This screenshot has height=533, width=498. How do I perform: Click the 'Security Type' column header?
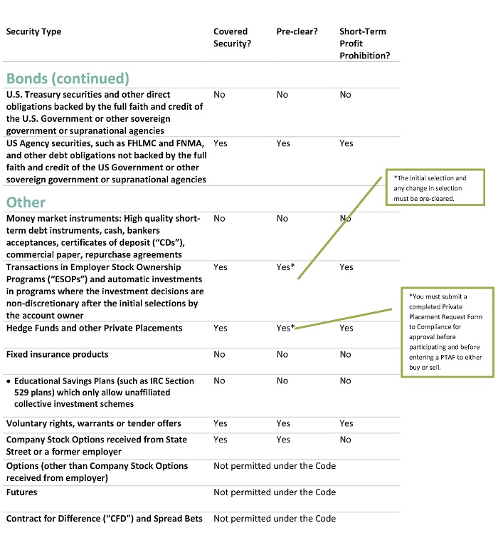pos(33,31)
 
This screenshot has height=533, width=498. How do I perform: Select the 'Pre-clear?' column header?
pos(297,31)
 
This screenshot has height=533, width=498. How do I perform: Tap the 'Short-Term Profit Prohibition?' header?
pos(364,43)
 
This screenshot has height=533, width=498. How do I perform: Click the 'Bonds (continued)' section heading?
pos(68,78)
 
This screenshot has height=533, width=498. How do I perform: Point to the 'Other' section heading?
pos(26,202)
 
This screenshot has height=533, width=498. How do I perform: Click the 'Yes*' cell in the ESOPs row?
pos(285,266)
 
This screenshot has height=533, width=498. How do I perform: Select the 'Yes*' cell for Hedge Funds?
pos(285,328)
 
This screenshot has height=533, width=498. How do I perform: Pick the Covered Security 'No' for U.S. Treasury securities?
pos(219,94)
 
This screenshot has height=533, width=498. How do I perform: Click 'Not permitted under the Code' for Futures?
pos(275,492)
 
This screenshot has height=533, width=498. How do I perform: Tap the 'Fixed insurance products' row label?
pos(57,354)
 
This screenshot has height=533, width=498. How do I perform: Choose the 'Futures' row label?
pos(21,492)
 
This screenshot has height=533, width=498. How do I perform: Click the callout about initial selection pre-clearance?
pos(435,188)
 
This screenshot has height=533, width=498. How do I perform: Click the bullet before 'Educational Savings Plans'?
pos(9,381)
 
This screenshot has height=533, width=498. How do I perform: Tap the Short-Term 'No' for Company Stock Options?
pos(345,440)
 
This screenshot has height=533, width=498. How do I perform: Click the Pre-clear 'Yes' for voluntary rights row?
pos(283,423)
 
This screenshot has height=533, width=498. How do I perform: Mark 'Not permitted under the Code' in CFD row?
pos(275,518)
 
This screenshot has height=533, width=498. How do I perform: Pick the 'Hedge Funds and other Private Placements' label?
pos(94,328)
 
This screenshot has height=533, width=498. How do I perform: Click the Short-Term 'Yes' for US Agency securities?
pos(346,143)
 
